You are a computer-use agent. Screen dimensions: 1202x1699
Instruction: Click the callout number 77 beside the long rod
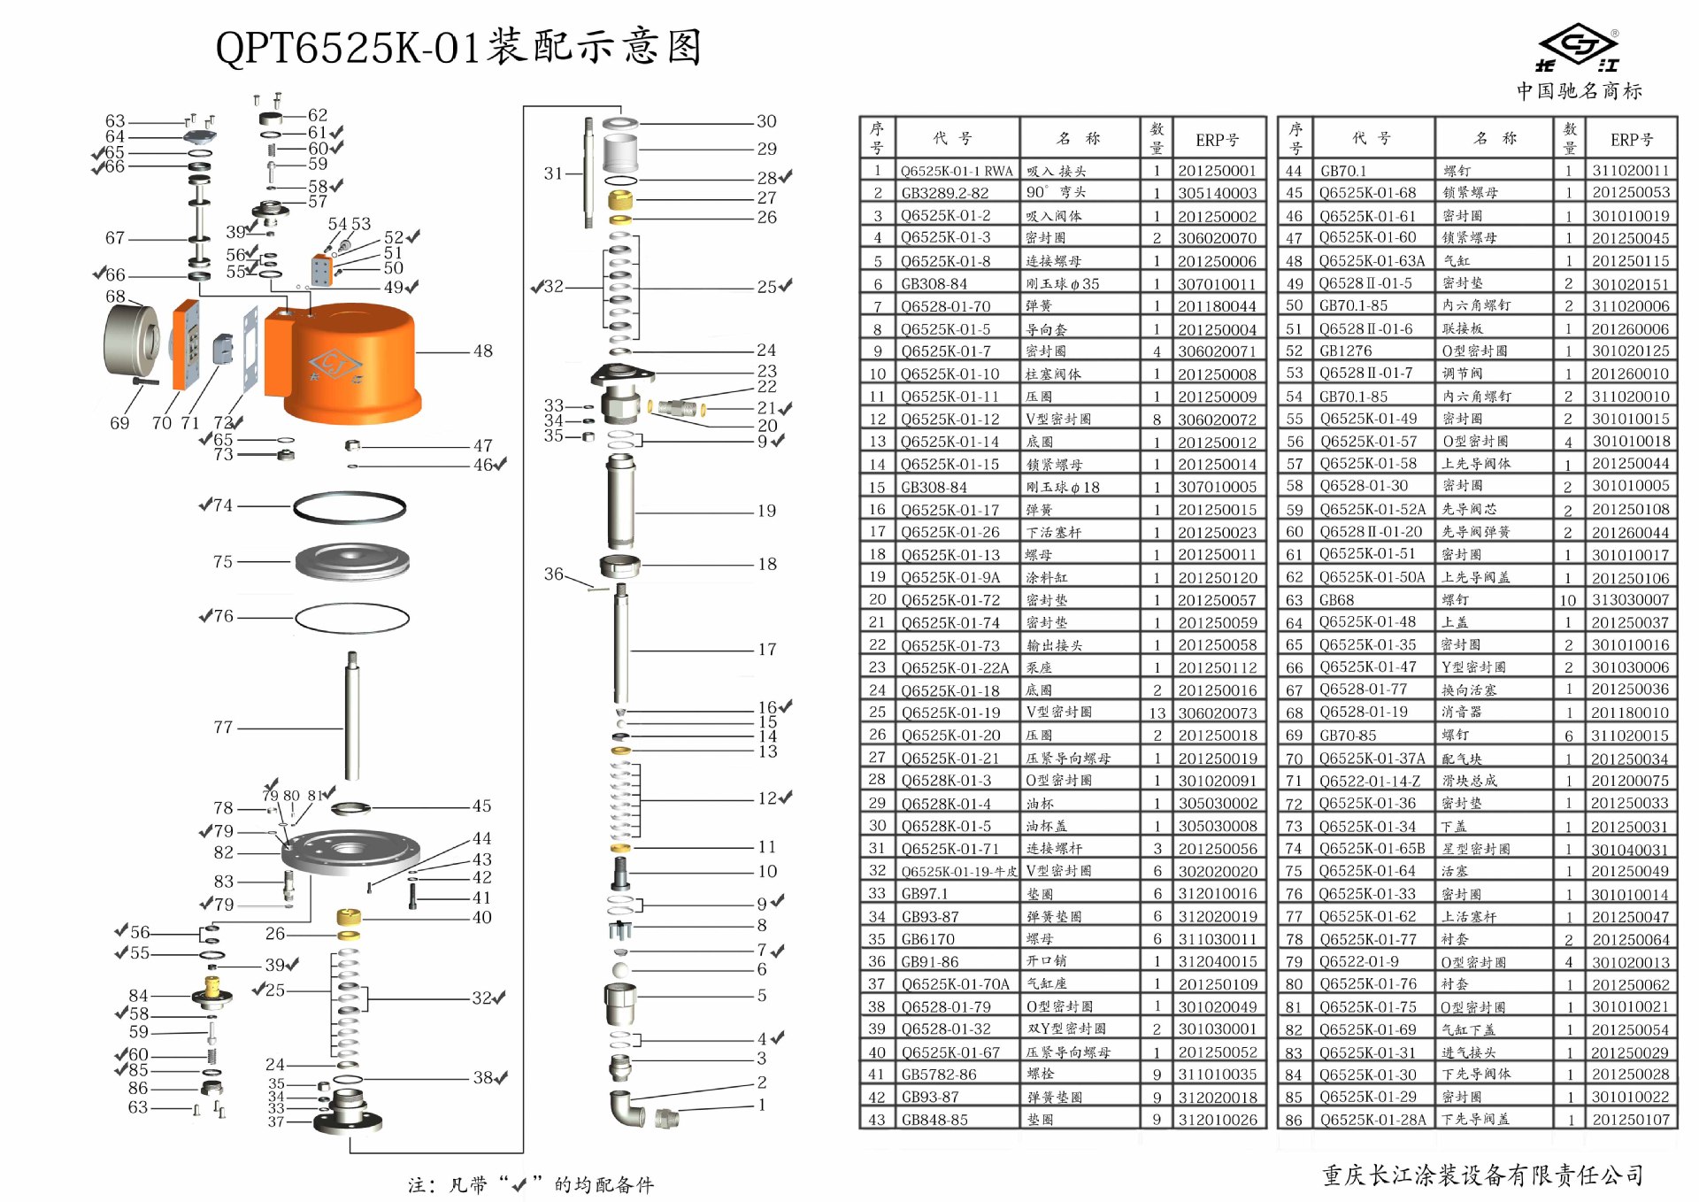223,728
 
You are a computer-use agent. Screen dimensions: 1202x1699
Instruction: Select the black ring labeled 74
350,507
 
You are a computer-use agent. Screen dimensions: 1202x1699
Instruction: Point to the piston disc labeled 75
351,561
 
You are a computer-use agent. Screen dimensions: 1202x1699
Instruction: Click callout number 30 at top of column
766,121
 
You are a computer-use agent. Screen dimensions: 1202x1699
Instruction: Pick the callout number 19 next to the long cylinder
766,511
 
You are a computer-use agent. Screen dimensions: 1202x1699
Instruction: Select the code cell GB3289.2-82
944,193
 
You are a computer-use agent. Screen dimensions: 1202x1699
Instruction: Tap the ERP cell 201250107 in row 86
1630,1120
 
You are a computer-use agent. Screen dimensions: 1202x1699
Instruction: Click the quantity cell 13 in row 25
1157,713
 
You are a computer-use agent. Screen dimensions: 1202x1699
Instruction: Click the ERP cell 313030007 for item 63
1630,600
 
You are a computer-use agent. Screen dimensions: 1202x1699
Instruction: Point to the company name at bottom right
1483,1175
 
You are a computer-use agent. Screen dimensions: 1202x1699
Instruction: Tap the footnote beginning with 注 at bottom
530,1184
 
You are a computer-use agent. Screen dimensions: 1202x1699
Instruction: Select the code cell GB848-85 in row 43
934,1120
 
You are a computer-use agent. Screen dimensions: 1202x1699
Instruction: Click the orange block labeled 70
186,345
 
